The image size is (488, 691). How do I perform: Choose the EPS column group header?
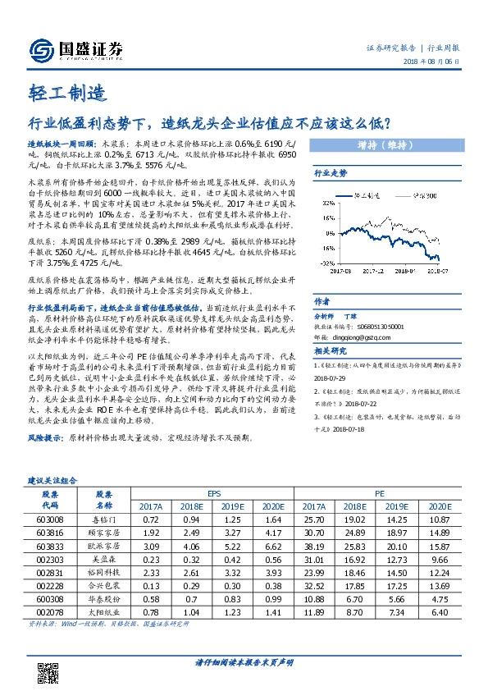[x=213, y=496]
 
